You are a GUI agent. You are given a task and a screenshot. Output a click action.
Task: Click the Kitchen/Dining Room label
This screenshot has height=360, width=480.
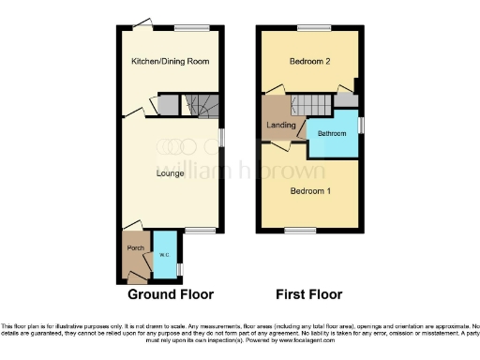pos(169,62)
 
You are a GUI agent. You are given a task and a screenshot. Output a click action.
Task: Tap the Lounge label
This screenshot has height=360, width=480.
pos(169,172)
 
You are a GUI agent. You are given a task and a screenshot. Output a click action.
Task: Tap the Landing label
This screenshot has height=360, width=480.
pos(281,125)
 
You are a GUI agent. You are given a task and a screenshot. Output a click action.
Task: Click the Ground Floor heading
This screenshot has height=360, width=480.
pos(171,293)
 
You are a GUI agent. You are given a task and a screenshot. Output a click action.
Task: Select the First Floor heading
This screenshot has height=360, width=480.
pos(309,293)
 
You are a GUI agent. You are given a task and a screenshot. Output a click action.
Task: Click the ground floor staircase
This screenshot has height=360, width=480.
pos(202,110)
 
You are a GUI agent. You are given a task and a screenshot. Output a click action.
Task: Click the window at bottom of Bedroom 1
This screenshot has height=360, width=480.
pos(300,230)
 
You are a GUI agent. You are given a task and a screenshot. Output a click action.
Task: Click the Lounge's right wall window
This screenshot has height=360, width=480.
pos(220,137)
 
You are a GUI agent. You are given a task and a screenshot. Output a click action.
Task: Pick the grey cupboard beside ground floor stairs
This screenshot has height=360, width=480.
pos(170,105)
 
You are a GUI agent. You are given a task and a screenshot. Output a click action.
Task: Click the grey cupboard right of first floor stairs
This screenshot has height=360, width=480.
pos(346,99)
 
